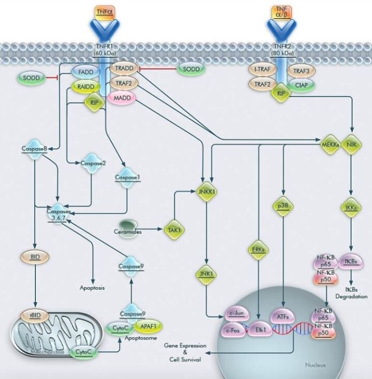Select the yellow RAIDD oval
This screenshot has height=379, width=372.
pyautogui.click(x=86, y=86)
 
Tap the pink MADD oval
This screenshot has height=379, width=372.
pyautogui.click(x=122, y=98)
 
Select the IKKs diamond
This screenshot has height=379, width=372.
pyautogui.click(x=351, y=208)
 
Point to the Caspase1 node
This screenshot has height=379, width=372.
pyautogui.click(x=127, y=177)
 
